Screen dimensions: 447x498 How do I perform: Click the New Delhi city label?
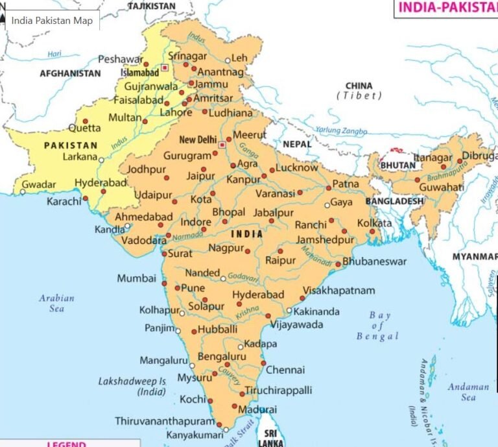[197, 140]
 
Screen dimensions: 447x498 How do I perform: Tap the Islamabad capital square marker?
[165, 67]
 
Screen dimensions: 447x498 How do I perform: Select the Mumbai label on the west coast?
[136, 278]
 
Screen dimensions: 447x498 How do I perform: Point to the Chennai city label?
[285, 370]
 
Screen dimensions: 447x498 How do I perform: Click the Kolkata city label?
[375, 223]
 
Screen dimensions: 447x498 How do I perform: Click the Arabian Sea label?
[57, 303]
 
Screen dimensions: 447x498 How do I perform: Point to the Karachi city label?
[64, 202]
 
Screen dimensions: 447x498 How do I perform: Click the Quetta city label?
[84, 128]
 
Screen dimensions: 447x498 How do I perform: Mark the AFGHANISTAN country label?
[70, 73]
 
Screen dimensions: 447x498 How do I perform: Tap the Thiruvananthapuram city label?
[164, 421]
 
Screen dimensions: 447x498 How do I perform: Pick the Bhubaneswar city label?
[374, 261]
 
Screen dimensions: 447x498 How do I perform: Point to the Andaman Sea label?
[468, 392]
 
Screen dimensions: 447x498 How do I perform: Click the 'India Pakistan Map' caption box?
[52, 20]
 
